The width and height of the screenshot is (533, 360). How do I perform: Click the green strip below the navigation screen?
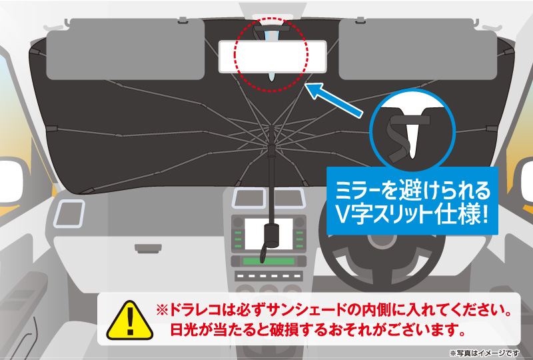click(x=269, y=261)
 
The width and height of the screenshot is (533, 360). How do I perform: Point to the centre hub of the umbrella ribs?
click(x=272, y=143)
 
